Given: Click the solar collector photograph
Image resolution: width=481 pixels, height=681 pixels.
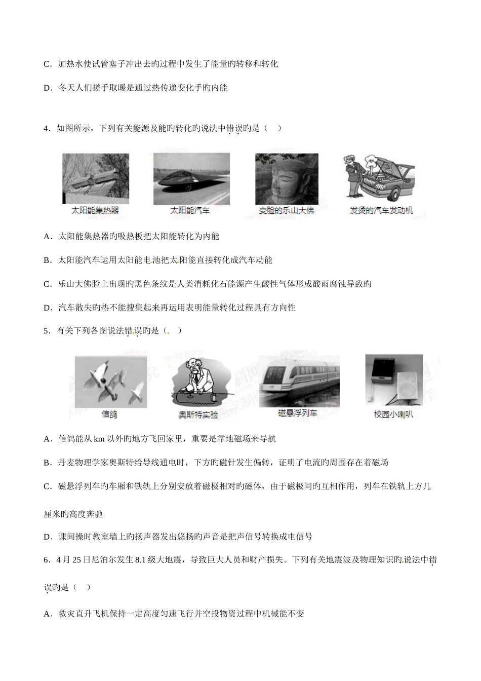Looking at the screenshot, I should [x=95, y=178].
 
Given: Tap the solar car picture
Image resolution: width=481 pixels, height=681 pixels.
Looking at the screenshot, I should [x=191, y=178].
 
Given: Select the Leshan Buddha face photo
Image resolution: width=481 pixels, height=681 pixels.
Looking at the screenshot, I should [x=287, y=178].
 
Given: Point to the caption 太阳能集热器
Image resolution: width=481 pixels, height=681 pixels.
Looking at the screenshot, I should [x=96, y=210].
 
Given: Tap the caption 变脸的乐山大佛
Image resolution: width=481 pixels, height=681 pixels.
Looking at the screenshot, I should [x=286, y=210].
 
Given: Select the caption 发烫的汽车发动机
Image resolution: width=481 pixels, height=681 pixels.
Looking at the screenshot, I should [x=381, y=210].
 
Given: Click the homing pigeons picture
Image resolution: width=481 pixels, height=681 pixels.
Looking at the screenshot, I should [x=111, y=381].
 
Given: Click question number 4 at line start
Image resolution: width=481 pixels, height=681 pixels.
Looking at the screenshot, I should [x=47, y=128].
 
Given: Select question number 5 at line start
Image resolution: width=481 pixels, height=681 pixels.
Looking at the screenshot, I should [x=47, y=331].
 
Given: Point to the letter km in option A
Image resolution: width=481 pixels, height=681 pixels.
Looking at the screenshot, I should [x=99, y=439].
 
